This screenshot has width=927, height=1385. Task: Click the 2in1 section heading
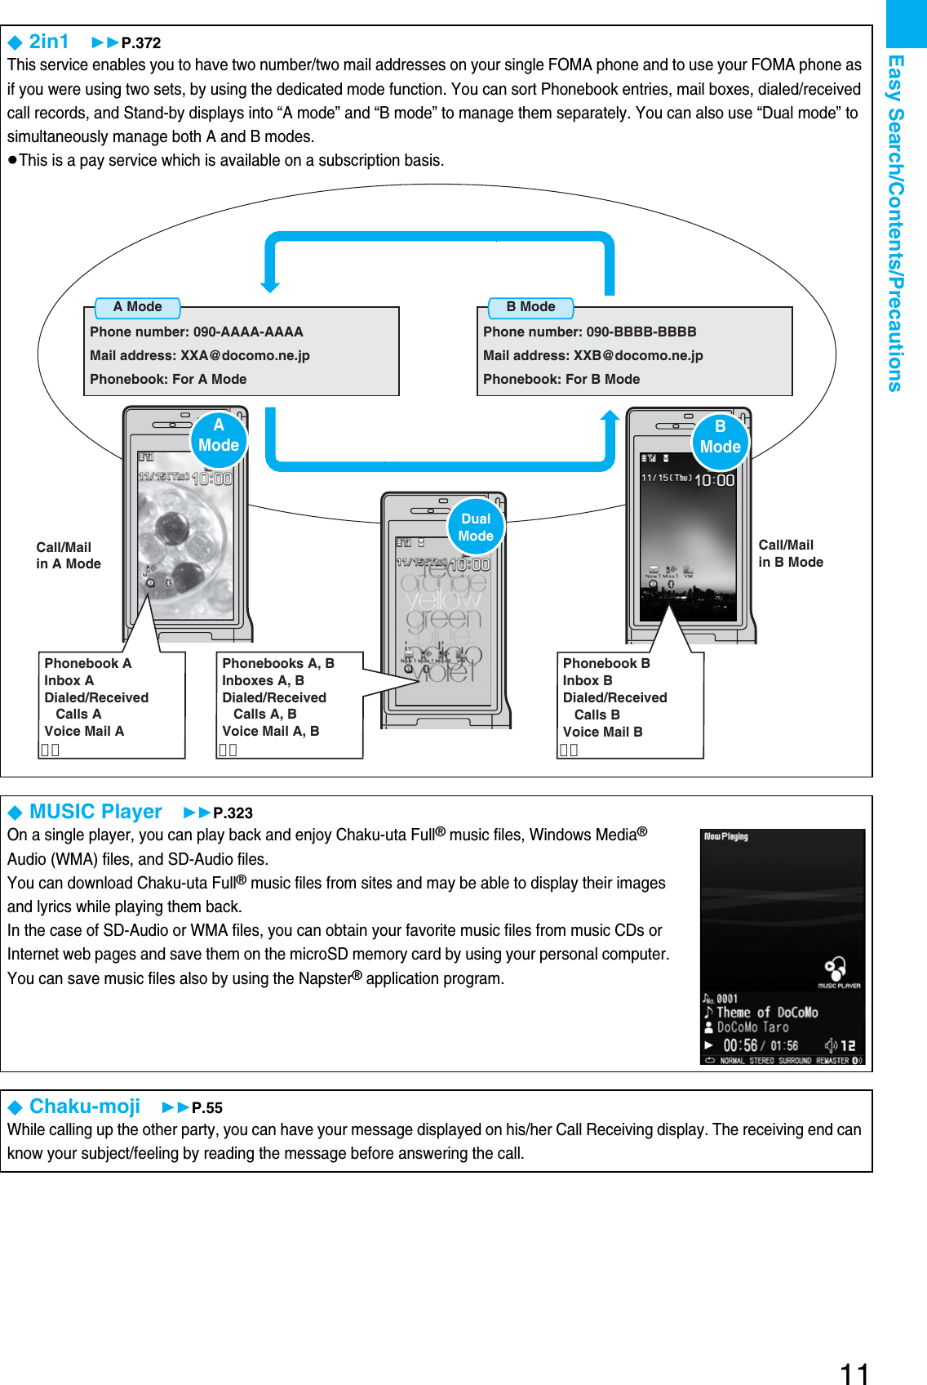[48, 42]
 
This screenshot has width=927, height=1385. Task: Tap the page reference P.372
[140, 43]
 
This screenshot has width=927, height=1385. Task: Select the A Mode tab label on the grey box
[137, 307]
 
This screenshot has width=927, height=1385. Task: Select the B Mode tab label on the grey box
[530, 307]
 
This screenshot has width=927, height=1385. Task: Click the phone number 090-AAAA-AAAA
[247, 332]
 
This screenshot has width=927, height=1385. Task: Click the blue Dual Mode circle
[476, 528]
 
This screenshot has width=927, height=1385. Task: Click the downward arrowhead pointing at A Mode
[270, 287]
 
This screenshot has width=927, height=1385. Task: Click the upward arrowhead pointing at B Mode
[610, 416]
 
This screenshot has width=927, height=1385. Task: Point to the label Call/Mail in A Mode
[68, 555]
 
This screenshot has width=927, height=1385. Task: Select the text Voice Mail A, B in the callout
[270, 732]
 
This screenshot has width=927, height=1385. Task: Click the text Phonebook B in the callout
[606, 664]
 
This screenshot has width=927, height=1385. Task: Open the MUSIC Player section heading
[95, 812]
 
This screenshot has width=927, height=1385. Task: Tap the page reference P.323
[233, 813]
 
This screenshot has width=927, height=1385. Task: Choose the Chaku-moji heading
[85, 1107]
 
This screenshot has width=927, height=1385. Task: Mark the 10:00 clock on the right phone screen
[714, 480]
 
